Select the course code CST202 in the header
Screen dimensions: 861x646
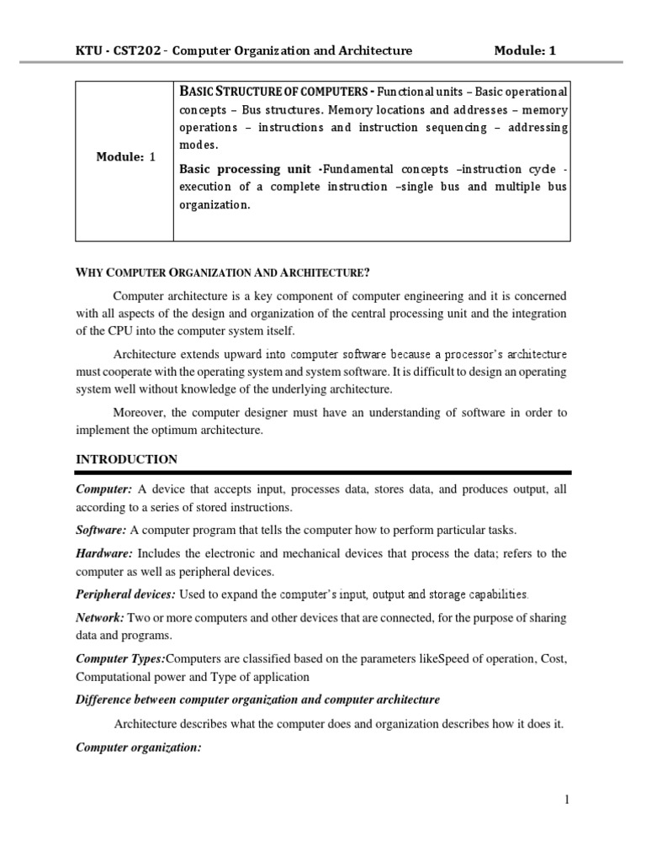point(145,50)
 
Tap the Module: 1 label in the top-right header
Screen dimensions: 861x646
point(524,50)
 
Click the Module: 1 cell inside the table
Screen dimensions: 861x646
point(125,156)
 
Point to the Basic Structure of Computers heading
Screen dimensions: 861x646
point(277,91)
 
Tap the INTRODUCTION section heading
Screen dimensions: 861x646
point(126,459)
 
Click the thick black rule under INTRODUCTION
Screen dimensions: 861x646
point(323,473)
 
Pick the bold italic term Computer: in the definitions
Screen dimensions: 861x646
point(104,489)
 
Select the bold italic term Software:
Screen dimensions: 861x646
point(102,530)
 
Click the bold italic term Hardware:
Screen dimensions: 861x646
point(104,552)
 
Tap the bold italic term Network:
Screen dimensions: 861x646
point(100,617)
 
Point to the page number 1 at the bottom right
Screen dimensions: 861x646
point(567,800)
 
